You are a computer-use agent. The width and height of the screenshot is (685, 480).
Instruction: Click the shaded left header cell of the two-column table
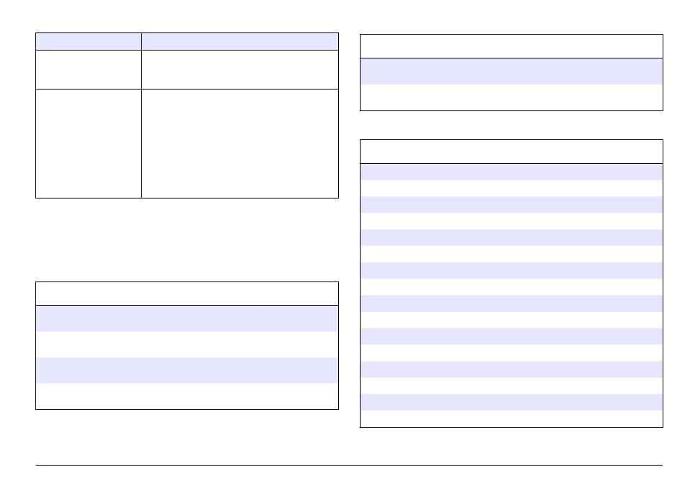coord(89,40)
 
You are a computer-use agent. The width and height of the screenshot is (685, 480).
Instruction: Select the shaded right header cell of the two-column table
coord(240,40)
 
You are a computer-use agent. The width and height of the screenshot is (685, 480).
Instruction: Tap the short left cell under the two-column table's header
coord(89,69)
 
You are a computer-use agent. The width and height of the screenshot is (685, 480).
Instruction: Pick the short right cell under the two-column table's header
coord(240,69)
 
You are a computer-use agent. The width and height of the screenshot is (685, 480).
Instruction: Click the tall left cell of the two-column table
coord(89,143)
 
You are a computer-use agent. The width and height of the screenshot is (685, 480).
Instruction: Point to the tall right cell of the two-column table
coord(240,143)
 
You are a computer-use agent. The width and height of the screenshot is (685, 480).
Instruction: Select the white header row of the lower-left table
coord(187,294)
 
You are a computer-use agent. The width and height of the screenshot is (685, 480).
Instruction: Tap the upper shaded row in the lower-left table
coord(187,318)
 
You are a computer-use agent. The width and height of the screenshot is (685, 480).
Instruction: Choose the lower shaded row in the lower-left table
coord(187,370)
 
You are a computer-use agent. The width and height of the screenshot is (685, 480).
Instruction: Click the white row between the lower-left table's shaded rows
coord(187,344)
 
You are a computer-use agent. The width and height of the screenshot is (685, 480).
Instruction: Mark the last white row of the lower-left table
coord(187,396)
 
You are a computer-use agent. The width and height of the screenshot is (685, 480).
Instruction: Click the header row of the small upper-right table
coord(511,46)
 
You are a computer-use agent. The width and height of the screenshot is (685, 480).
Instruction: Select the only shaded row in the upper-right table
coord(511,71)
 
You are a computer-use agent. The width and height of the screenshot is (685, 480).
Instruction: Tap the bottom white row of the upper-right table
coord(511,97)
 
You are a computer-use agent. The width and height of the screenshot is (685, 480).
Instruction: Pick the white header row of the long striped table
coord(511,152)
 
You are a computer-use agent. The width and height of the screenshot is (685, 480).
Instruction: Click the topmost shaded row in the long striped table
coord(511,172)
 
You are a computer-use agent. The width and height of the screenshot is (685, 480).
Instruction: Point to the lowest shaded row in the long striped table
coord(511,403)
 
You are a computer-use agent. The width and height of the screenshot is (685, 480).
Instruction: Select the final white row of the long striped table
coord(511,419)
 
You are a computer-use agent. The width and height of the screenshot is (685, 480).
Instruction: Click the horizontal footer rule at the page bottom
coord(349,466)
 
